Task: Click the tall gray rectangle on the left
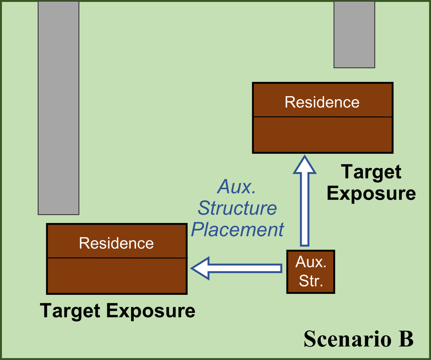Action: tap(58, 108)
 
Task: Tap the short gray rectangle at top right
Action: tap(354, 35)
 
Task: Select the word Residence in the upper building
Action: tap(322, 102)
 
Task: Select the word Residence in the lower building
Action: tap(116, 243)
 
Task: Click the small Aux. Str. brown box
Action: tap(310, 272)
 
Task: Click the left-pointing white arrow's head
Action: tap(201, 268)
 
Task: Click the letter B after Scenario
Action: tap(405, 339)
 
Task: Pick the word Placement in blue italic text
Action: tap(237, 229)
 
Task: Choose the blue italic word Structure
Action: tap(237, 208)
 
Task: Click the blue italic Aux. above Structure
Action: tap(236, 187)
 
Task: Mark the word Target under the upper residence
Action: tap(371, 172)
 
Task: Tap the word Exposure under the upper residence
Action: tap(371, 193)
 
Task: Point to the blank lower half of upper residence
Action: tap(322, 135)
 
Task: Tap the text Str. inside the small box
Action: tap(310, 282)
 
